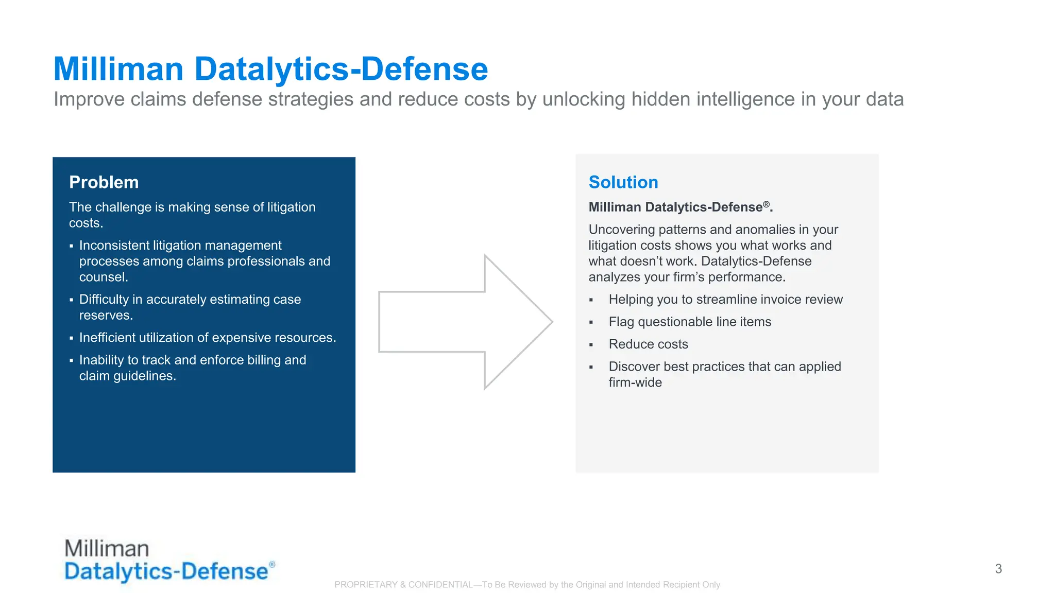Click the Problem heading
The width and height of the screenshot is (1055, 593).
[104, 182]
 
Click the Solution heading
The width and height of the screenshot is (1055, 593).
[623, 182]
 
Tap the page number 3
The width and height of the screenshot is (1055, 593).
[998, 569]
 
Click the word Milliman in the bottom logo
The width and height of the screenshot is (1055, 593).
[107, 548]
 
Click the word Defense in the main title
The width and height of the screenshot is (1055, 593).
[424, 69]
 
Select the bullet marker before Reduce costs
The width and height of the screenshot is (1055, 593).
[591, 345]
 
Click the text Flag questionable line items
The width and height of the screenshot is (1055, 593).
[689, 322]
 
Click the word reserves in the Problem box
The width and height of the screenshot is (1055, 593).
[105, 316]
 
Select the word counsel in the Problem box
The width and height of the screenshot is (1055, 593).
[103, 277]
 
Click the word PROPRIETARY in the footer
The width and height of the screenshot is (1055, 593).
[365, 585]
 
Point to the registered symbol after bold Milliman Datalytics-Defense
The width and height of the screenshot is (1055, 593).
[767, 204]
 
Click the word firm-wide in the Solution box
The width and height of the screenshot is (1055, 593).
[635, 382]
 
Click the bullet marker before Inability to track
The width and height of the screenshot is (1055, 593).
[72, 361]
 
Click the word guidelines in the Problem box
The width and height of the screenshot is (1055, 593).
[143, 376]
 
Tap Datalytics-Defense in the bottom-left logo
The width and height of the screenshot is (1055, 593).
[166, 572]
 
